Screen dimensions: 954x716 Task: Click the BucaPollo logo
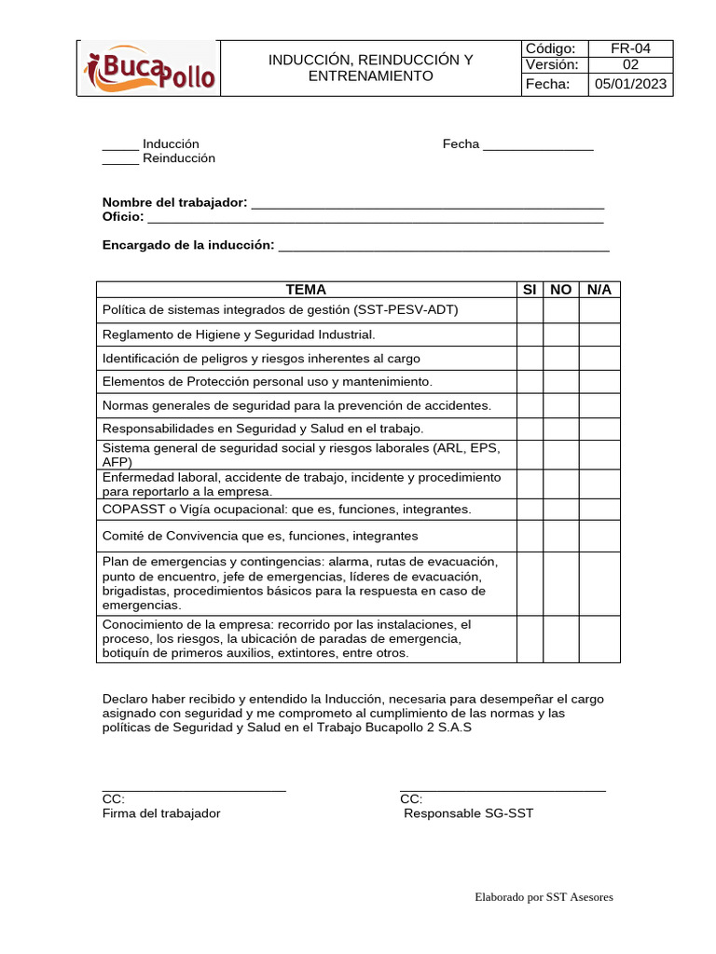pos(149,69)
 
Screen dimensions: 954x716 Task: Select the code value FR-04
pos(629,48)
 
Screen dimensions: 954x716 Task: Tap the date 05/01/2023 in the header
pos(629,85)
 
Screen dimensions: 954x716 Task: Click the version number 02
pos(629,65)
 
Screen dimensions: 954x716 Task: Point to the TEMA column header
pos(306,290)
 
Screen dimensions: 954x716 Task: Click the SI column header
pos(530,290)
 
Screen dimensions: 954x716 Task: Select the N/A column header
pos(599,290)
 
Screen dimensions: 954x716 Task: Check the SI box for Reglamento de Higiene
pos(530,334)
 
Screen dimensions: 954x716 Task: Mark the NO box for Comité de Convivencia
pos(560,536)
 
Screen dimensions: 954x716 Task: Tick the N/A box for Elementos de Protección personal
pos(599,381)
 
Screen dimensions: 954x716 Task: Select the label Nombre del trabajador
pos(174,202)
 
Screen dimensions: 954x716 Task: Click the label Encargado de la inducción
pos(188,245)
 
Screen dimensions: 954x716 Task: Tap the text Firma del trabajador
pos(161,813)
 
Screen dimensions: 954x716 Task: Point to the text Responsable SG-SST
pos(468,813)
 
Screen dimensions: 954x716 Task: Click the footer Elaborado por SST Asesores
pos(544,897)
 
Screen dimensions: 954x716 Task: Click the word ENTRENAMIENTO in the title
pos(371,75)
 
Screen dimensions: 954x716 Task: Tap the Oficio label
pos(122,217)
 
